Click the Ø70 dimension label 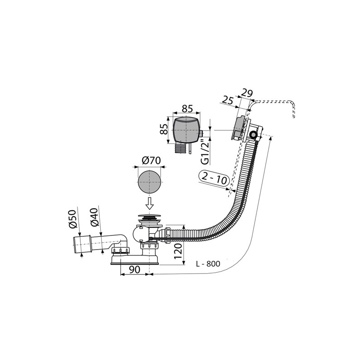click(151, 161)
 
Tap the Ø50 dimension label click(73, 219)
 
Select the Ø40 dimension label click(95, 217)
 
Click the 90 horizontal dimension click(134, 270)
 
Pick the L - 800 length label click(208, 264)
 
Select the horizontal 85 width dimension click(187, 108)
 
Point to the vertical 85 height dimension click(164, 129)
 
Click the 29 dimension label click(247, 93)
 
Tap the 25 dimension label click(228, 100)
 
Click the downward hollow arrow click(150, 203)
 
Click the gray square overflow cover click(186, 130)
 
